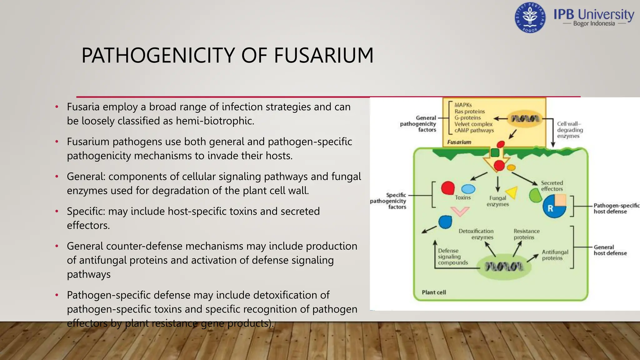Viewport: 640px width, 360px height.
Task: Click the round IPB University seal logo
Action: click(530, 18)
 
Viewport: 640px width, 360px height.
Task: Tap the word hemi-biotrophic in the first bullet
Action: click(215, 121)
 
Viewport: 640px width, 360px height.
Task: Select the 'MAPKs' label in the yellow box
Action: click(463, 105)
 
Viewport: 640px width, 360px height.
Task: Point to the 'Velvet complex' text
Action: click(473, 124)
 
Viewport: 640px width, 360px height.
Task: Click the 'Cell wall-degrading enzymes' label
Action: click(570, 130)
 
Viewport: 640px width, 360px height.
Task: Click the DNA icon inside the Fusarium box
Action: click(525, 119)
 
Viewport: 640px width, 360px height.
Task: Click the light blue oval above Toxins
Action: click(468, 189)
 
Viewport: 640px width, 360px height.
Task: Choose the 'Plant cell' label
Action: click(434, 292)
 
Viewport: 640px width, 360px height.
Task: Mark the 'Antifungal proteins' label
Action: click(555, 255)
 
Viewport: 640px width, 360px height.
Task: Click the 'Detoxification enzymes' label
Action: click(476, 234)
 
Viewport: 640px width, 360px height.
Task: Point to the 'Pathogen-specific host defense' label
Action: click(616, 208)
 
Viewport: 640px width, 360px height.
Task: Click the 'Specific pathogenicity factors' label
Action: click(388, 201)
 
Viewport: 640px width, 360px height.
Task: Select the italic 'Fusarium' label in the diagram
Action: click(459, 142)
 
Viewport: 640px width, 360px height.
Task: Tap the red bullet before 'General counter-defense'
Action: click(57, 246)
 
